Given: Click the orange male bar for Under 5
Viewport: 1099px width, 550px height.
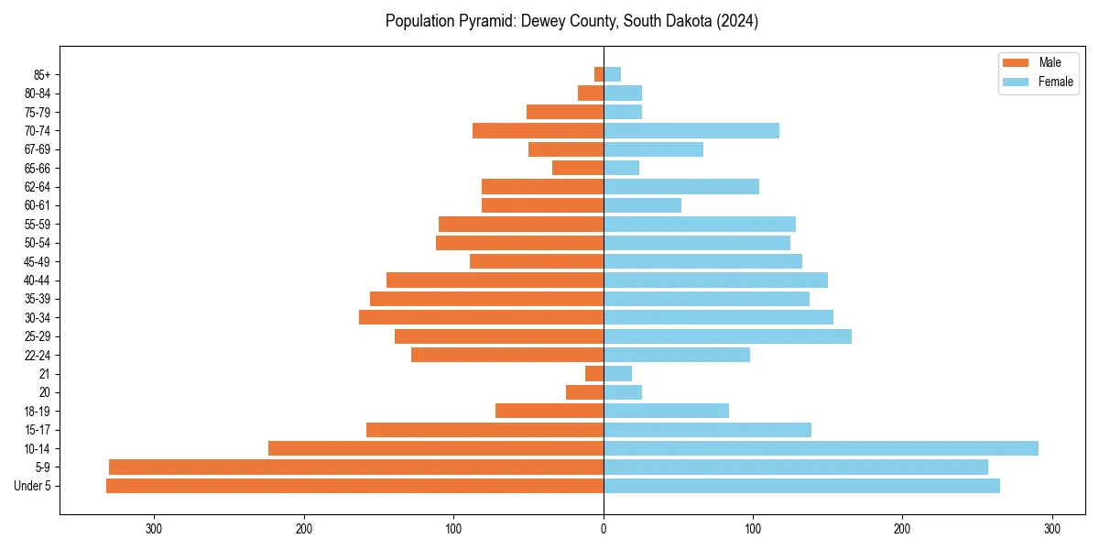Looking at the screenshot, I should pyautogui.click(x=354, y=486).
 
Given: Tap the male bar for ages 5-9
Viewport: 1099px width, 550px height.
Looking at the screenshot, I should pyautogui.click(x=356, y=467).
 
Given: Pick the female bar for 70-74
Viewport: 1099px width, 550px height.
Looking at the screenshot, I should pyautogui.click(x=691, y=131).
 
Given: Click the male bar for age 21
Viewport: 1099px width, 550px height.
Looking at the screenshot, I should pyautogui.click(x=594, y=374).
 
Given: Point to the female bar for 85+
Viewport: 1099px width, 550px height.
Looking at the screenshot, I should pyautogui.click(x=612, y=74).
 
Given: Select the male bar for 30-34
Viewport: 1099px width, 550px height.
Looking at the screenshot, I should pyautogui.click(x=481, y=317).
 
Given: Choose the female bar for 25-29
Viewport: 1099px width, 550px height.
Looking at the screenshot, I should pyautogui.click(x=727, y=336).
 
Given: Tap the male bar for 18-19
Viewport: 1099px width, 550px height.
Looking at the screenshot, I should pyautogui.click(x=549, y=411).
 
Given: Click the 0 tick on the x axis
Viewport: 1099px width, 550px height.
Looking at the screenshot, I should pyautogui.click(x=604, y=529).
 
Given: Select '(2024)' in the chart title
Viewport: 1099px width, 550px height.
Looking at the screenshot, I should pyautogui.click(x=737, y=21).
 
